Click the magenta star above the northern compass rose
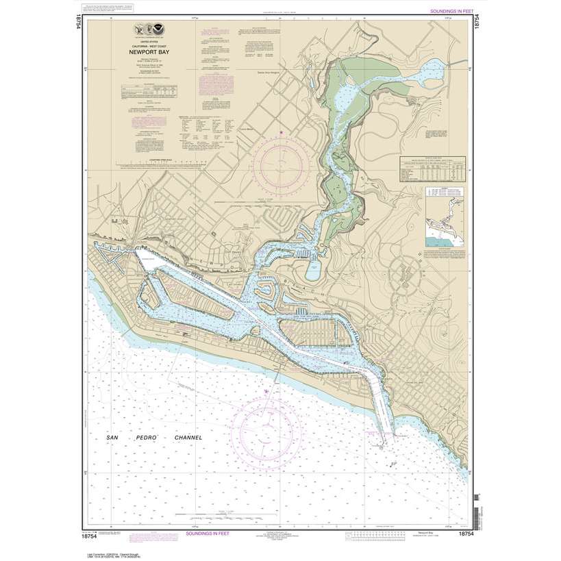(280, 131)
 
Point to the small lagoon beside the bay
(312, 270)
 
